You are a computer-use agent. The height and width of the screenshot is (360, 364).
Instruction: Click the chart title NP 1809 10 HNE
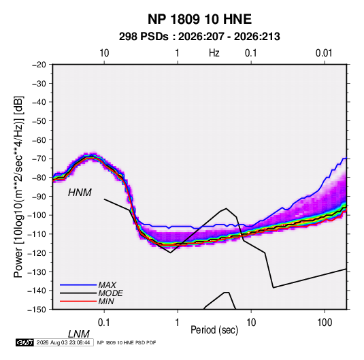[199, 19]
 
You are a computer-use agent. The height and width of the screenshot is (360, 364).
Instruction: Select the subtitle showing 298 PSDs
[199, 37]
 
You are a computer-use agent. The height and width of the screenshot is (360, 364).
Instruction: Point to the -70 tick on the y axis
[39, 159]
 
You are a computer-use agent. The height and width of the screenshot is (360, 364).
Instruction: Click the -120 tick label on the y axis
[37, 253]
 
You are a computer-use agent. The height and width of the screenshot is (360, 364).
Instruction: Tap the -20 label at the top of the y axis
[39, 65]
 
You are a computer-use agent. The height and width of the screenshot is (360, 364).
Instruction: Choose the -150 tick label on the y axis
[37, 310]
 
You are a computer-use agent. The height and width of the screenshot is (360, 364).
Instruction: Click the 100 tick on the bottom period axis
[325, 323]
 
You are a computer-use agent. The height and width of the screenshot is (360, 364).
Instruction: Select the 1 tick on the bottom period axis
[178, 323]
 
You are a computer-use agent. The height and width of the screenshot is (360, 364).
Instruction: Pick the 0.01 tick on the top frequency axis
[324, 53]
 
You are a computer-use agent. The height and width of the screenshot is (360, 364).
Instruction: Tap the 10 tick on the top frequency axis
[104, 53]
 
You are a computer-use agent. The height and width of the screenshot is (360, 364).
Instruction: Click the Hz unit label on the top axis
[214, 53]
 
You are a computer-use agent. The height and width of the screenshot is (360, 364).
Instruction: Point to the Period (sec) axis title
[214, 330]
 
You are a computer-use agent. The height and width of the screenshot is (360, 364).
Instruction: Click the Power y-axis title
[18, 187]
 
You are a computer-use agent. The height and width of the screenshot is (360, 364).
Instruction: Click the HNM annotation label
[80, 193]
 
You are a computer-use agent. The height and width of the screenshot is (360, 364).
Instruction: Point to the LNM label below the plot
[79, 334]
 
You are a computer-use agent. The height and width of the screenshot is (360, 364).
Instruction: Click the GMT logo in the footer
[25, 342]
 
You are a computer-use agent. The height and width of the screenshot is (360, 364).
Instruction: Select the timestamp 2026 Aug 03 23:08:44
[63, 342]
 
